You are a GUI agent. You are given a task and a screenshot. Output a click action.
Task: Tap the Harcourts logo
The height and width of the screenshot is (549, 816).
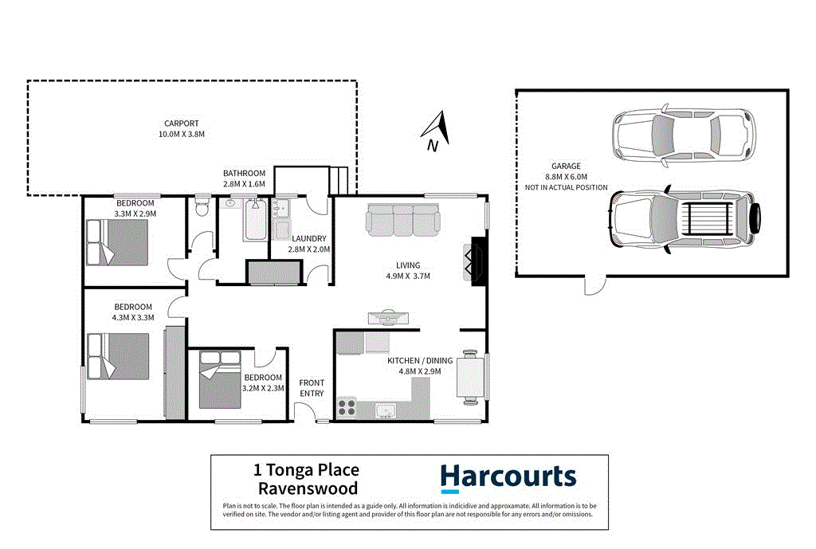click(x=508, y=477)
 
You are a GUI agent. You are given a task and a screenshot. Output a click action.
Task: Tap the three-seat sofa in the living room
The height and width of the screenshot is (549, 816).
click(x=402, y=221)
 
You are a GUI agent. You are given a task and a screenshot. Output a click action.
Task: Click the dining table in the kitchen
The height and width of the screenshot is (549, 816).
click(x=469, y=374)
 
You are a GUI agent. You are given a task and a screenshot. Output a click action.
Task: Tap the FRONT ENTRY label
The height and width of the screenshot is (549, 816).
click(x=312, y=388)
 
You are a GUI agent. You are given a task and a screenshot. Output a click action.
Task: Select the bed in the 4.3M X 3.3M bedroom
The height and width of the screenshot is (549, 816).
click(x=118, y=357)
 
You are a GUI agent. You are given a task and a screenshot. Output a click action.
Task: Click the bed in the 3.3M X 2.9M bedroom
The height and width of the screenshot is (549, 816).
click(x=117, y=242)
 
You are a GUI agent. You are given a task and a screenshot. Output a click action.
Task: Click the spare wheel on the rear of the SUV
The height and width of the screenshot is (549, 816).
click(x=756, y=216)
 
